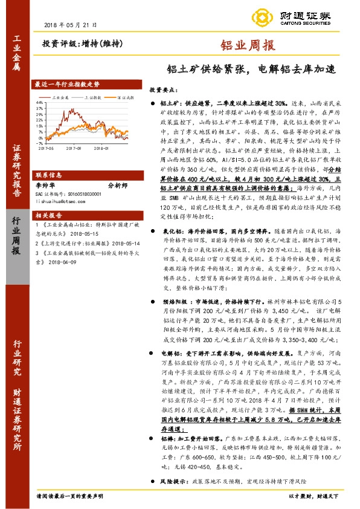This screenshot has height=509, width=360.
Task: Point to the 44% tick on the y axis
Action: [39, 103]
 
